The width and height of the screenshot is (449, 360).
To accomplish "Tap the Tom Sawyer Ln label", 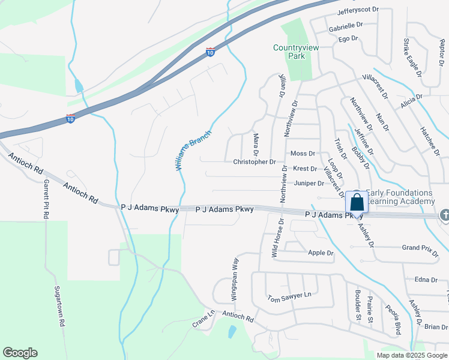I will [x=289, y=296].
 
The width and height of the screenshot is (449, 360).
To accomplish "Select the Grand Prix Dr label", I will [x=420, y=248].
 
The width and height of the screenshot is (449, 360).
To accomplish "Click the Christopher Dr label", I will [x=254, y=162].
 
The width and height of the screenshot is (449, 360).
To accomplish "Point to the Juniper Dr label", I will [x=309, y=183].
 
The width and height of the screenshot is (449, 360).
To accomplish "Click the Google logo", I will [x=20, y=353].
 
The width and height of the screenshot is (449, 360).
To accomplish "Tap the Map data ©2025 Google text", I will [x=411, y=355].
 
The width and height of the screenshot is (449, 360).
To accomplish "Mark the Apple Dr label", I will [x=320, y=253].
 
